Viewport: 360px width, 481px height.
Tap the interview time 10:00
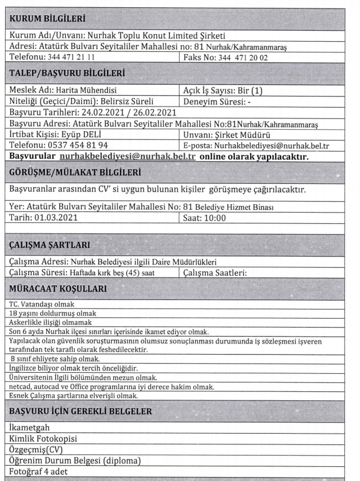[x=219, y=218]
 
